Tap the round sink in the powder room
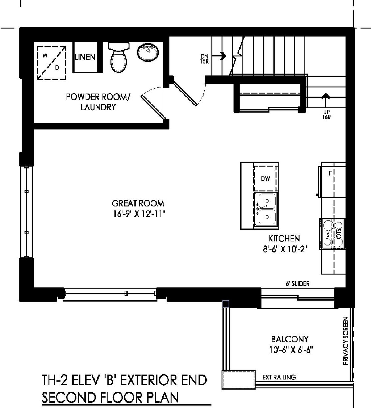pyautogui.click(x=148, y=53)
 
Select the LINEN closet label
pyautogui.click(x=85, y=57)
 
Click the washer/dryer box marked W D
pyautogui.click(x=51, y=62)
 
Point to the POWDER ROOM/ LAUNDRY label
pyautogui.click(x=97, y=102)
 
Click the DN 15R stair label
pyautogui.click(x=204, y=59)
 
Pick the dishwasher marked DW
pyautogui.click(x=266, y=178)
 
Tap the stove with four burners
pyautogui.click(x=332, y=234)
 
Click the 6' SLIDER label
pyautogui.click(x=297, y=283)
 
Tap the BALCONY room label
pyautogui.click(x=290, y=339)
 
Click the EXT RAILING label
pyautogui.click(x=279, y=377)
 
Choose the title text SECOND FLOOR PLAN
pyautogui.click(x=111, y=397)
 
